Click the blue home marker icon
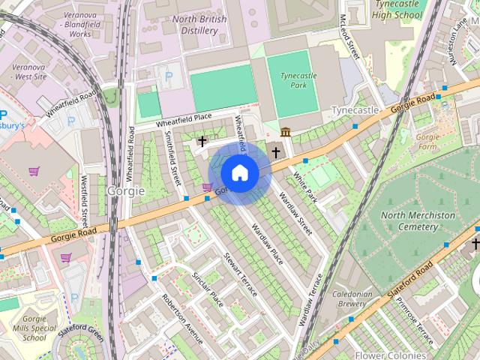(239, 173)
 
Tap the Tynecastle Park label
(288, 80)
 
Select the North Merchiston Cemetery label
(418, 220)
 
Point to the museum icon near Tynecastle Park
(286, 133)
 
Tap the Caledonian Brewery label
(352, 299)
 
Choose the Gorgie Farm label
(427, 142)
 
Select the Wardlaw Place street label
(268, 244)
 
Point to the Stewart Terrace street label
(240, 274)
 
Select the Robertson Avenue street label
(182, 318)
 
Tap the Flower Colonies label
(390, 355)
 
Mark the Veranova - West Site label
(28, 71)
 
